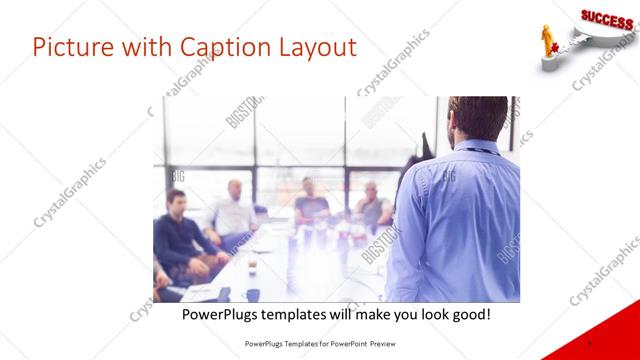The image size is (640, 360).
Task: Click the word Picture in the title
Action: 74,47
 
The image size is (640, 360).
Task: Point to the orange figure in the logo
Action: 547,39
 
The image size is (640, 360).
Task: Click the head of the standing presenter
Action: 471,119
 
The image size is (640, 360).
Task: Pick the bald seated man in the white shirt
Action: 233,210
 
